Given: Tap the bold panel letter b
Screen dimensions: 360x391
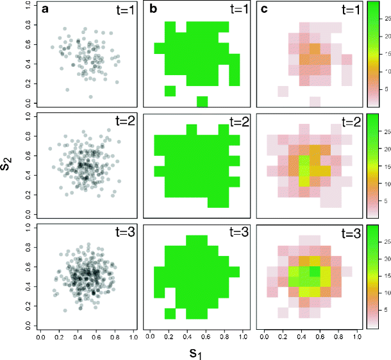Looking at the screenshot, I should click(x=149, y=10).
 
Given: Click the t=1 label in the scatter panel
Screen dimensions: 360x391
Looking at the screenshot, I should click(x=122, y=10).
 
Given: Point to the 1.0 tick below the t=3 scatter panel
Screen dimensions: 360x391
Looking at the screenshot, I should click(x=133, y=336).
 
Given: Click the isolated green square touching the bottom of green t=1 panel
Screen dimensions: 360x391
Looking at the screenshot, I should click(x=202, y=101).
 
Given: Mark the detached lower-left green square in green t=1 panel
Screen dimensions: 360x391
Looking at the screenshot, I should click(x=169, y=90).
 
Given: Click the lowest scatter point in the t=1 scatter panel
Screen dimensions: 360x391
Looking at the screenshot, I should click(x=90, y=97).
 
